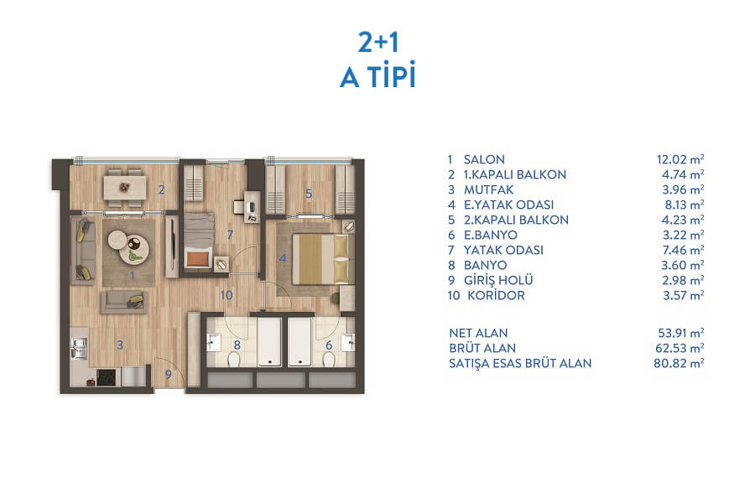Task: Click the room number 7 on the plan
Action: pos(230,235)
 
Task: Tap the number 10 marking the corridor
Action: pos(226,295)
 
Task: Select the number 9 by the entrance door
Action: pos(168,374)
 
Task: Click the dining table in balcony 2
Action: pos(125,187)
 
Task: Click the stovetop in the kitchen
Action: pos(107,377)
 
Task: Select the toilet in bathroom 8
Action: pos(233,359)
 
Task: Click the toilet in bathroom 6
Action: pos(330,359)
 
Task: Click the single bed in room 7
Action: pos(199,241)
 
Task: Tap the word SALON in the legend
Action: pos(484,159)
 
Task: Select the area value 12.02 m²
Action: pos(680,159)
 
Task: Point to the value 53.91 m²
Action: pos(681,333)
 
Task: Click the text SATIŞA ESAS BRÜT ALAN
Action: pos(520,363)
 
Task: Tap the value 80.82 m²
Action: pos(679,363)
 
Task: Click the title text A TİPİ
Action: pos(378,75)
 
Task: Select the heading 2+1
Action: pos(378,42)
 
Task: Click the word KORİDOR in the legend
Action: pos(496,296)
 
